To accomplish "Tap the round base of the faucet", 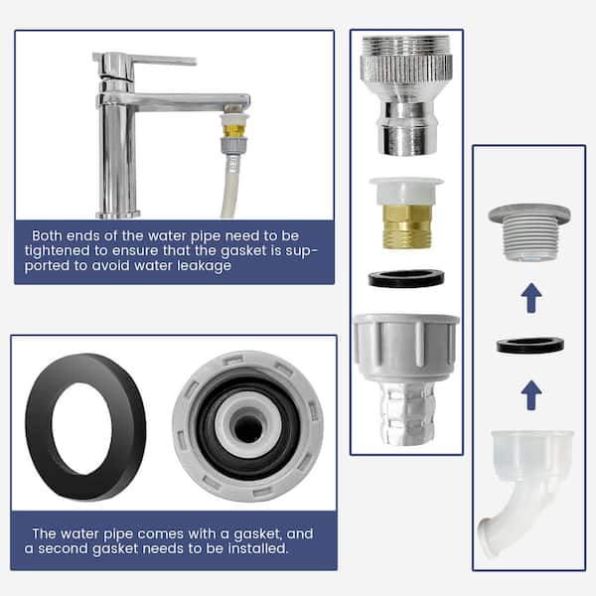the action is pos(118,215).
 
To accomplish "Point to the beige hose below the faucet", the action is pos(230,187).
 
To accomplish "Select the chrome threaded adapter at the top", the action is pos(406,95).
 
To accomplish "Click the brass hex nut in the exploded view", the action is pos(406,226).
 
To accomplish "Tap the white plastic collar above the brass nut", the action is pos(406,191).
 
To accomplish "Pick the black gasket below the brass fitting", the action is pos(406,278).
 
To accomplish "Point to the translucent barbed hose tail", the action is pos(406,412).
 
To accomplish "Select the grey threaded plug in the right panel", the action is pos(529,232).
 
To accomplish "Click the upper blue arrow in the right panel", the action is pos(531,298).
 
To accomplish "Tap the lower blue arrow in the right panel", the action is pos(531,395).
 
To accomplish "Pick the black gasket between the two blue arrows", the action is pos(529,346).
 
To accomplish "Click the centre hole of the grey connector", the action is pos(247,428).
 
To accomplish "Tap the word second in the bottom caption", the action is pos(63,549).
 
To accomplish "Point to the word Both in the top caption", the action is pos(47,235).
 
